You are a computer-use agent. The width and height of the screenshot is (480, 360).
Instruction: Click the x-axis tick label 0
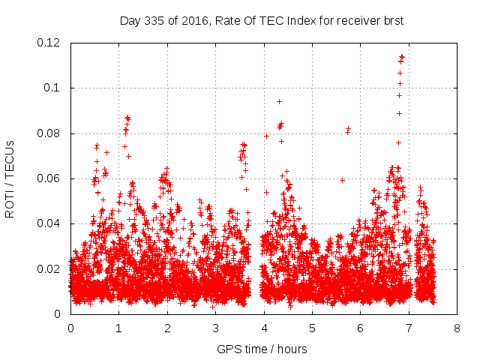(70, 328)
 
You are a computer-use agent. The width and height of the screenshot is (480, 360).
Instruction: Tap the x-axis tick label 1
(118, 328)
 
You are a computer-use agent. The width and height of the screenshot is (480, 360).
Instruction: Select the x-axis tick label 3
(215, 328)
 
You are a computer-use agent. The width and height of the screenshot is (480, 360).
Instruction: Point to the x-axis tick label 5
(312, 328)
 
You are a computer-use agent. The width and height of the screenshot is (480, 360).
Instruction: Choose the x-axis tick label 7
(409, 328)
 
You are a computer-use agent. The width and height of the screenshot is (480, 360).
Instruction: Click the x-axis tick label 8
(457, 328)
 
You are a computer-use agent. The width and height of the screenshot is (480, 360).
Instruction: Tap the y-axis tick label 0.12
(50, 43)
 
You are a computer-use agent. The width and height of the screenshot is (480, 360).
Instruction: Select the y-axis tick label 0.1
(53, 88)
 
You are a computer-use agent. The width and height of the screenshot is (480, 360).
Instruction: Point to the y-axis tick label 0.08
(50, 133)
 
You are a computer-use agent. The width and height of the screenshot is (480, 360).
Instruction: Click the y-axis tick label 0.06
(50, 178)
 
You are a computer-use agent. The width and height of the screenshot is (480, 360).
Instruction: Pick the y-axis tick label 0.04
(50, 223)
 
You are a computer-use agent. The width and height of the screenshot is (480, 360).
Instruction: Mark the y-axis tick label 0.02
(50, 269)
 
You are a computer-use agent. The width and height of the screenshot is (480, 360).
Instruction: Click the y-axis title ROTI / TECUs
(10, 178)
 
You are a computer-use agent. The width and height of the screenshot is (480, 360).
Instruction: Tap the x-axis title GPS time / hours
(262, 349)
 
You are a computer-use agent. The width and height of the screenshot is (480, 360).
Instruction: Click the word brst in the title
(392, 20)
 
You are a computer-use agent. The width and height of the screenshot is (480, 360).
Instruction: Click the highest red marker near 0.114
(402, 56)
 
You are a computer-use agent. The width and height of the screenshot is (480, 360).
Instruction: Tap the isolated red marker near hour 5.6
(342, 180)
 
